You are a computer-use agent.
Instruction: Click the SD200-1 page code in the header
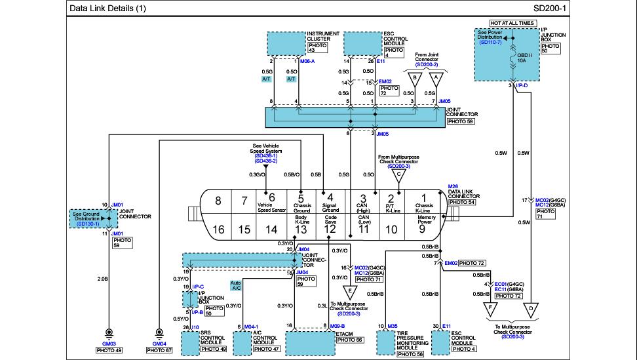(x=549, y=9)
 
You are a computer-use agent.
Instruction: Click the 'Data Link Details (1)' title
(x=108, y=9)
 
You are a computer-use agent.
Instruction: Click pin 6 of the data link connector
(x=271, y=198)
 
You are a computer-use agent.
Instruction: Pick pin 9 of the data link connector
(x=423, y=229)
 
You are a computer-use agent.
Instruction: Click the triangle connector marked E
(x=351, y=290)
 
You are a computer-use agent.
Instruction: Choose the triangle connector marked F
(x=488, y=308)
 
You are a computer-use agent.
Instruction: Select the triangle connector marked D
(x=531, y=308)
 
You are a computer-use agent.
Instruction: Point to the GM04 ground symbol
(x=159, y=334)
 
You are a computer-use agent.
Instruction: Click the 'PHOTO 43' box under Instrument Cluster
(x=316, y=47)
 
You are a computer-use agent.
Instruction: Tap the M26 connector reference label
(x=452, y=186)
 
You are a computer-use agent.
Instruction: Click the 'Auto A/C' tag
(x=236, y=285)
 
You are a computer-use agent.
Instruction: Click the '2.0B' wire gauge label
(x=102, y=278)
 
